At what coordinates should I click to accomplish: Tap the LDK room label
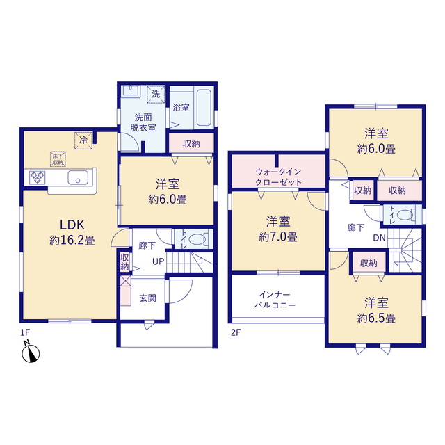(72, 225)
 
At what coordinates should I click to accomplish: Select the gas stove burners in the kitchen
(37, 177)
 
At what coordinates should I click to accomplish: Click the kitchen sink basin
(78, 178)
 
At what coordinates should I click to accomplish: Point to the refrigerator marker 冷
(83, 140)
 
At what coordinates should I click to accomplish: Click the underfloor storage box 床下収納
(58, 159)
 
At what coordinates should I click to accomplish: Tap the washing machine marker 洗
(156, 94)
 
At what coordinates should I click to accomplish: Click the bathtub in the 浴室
(204, 108)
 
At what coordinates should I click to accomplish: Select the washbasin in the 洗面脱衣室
(131, 91)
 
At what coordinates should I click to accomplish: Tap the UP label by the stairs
(159, 261)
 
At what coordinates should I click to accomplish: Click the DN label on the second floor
(380, 238)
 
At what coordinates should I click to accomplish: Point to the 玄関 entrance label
(147, 298)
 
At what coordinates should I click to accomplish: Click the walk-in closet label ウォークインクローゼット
(278, 177)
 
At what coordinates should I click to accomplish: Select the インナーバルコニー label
(275, 300)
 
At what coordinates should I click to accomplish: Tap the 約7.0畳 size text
(278, 236)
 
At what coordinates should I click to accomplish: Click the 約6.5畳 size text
(376, 318)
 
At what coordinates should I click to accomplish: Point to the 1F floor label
(25, 332)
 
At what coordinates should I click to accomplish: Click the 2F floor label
(236, 332)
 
